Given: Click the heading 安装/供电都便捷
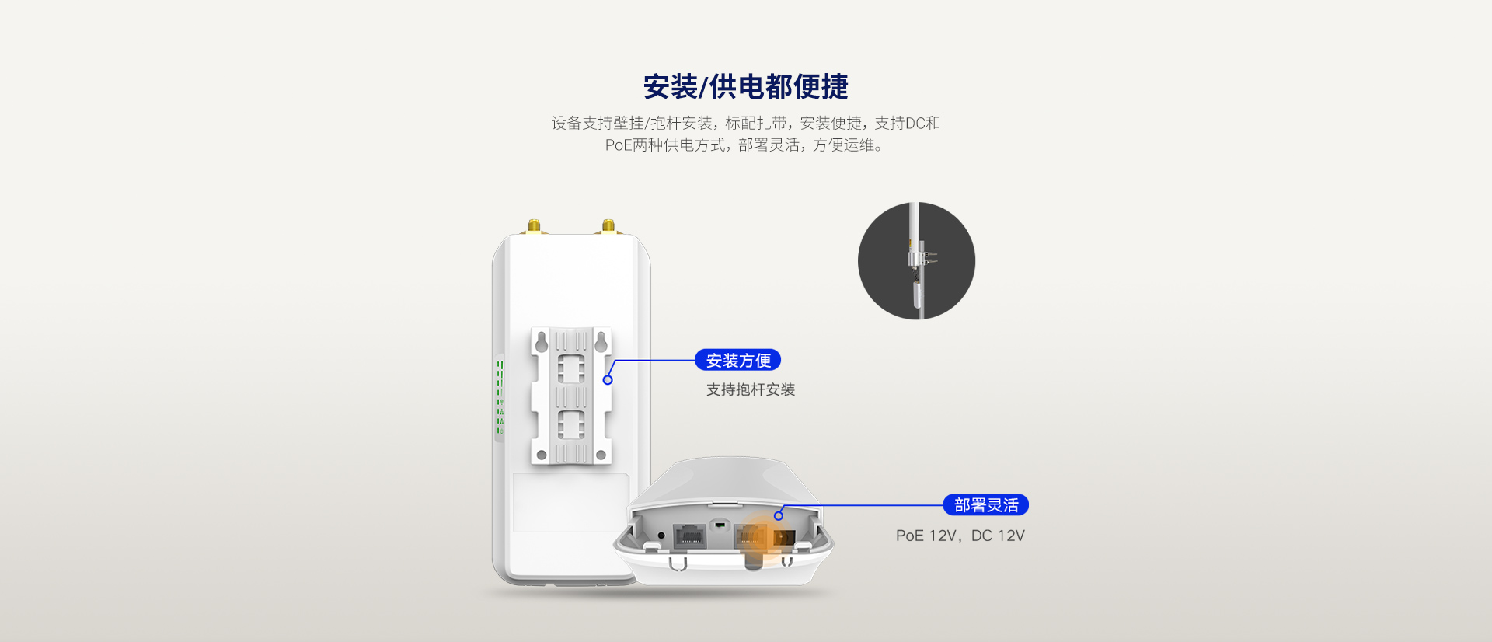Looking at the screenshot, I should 745,86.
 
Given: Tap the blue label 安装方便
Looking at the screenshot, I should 737,361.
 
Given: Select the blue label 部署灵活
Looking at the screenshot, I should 985,505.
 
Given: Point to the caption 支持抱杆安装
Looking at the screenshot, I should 750,389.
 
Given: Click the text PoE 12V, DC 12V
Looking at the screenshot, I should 960,536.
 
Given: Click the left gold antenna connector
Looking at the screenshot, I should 534,226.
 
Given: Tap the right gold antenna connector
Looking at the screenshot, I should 608,226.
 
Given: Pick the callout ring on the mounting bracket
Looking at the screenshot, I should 608,380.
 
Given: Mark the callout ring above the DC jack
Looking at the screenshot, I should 779,515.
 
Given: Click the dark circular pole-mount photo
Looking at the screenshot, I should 916,260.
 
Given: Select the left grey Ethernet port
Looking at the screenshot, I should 689,536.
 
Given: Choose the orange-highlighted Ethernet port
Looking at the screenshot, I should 751,536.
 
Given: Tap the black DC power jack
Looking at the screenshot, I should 783,537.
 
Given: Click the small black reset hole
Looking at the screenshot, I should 661,536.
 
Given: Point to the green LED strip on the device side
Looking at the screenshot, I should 500,396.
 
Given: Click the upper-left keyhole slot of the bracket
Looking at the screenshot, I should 542,341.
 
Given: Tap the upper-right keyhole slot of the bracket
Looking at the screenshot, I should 601,341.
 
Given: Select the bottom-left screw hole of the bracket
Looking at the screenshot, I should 542,455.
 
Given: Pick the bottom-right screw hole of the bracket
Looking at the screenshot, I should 601,455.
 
